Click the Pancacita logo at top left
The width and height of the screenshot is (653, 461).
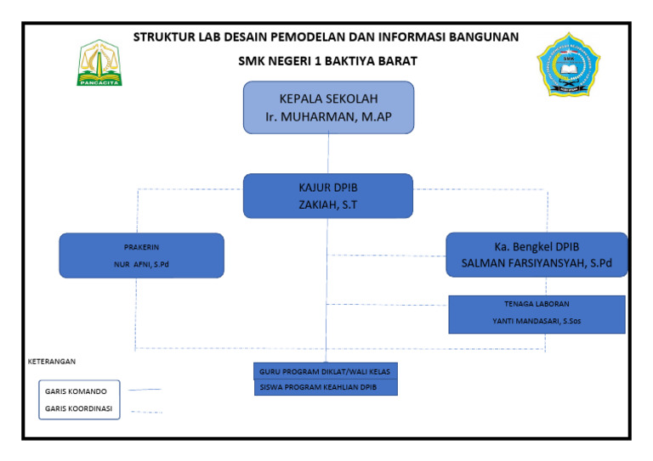(100, 63)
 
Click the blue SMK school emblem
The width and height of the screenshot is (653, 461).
(568, 65)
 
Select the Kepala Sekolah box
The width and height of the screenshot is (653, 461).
(328, 107)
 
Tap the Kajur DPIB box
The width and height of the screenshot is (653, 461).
(328, 195)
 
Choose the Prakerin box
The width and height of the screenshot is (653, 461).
(141, 255)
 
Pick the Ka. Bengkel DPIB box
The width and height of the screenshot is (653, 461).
(537, 254)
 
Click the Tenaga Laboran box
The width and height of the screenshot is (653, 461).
(537, 313)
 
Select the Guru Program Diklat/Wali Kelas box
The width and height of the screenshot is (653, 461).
(326, 372)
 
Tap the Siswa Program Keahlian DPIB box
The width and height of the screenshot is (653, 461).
(326, 388)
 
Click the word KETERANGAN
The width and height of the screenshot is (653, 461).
(52, 361)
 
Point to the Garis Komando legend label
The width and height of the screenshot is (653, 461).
(76, 391)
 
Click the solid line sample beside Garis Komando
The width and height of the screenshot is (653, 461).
(143, 391)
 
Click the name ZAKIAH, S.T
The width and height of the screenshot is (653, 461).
(328, 205)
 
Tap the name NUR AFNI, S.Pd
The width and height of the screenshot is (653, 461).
(141, 265)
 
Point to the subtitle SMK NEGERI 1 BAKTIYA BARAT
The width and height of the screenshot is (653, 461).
(326, 61)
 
